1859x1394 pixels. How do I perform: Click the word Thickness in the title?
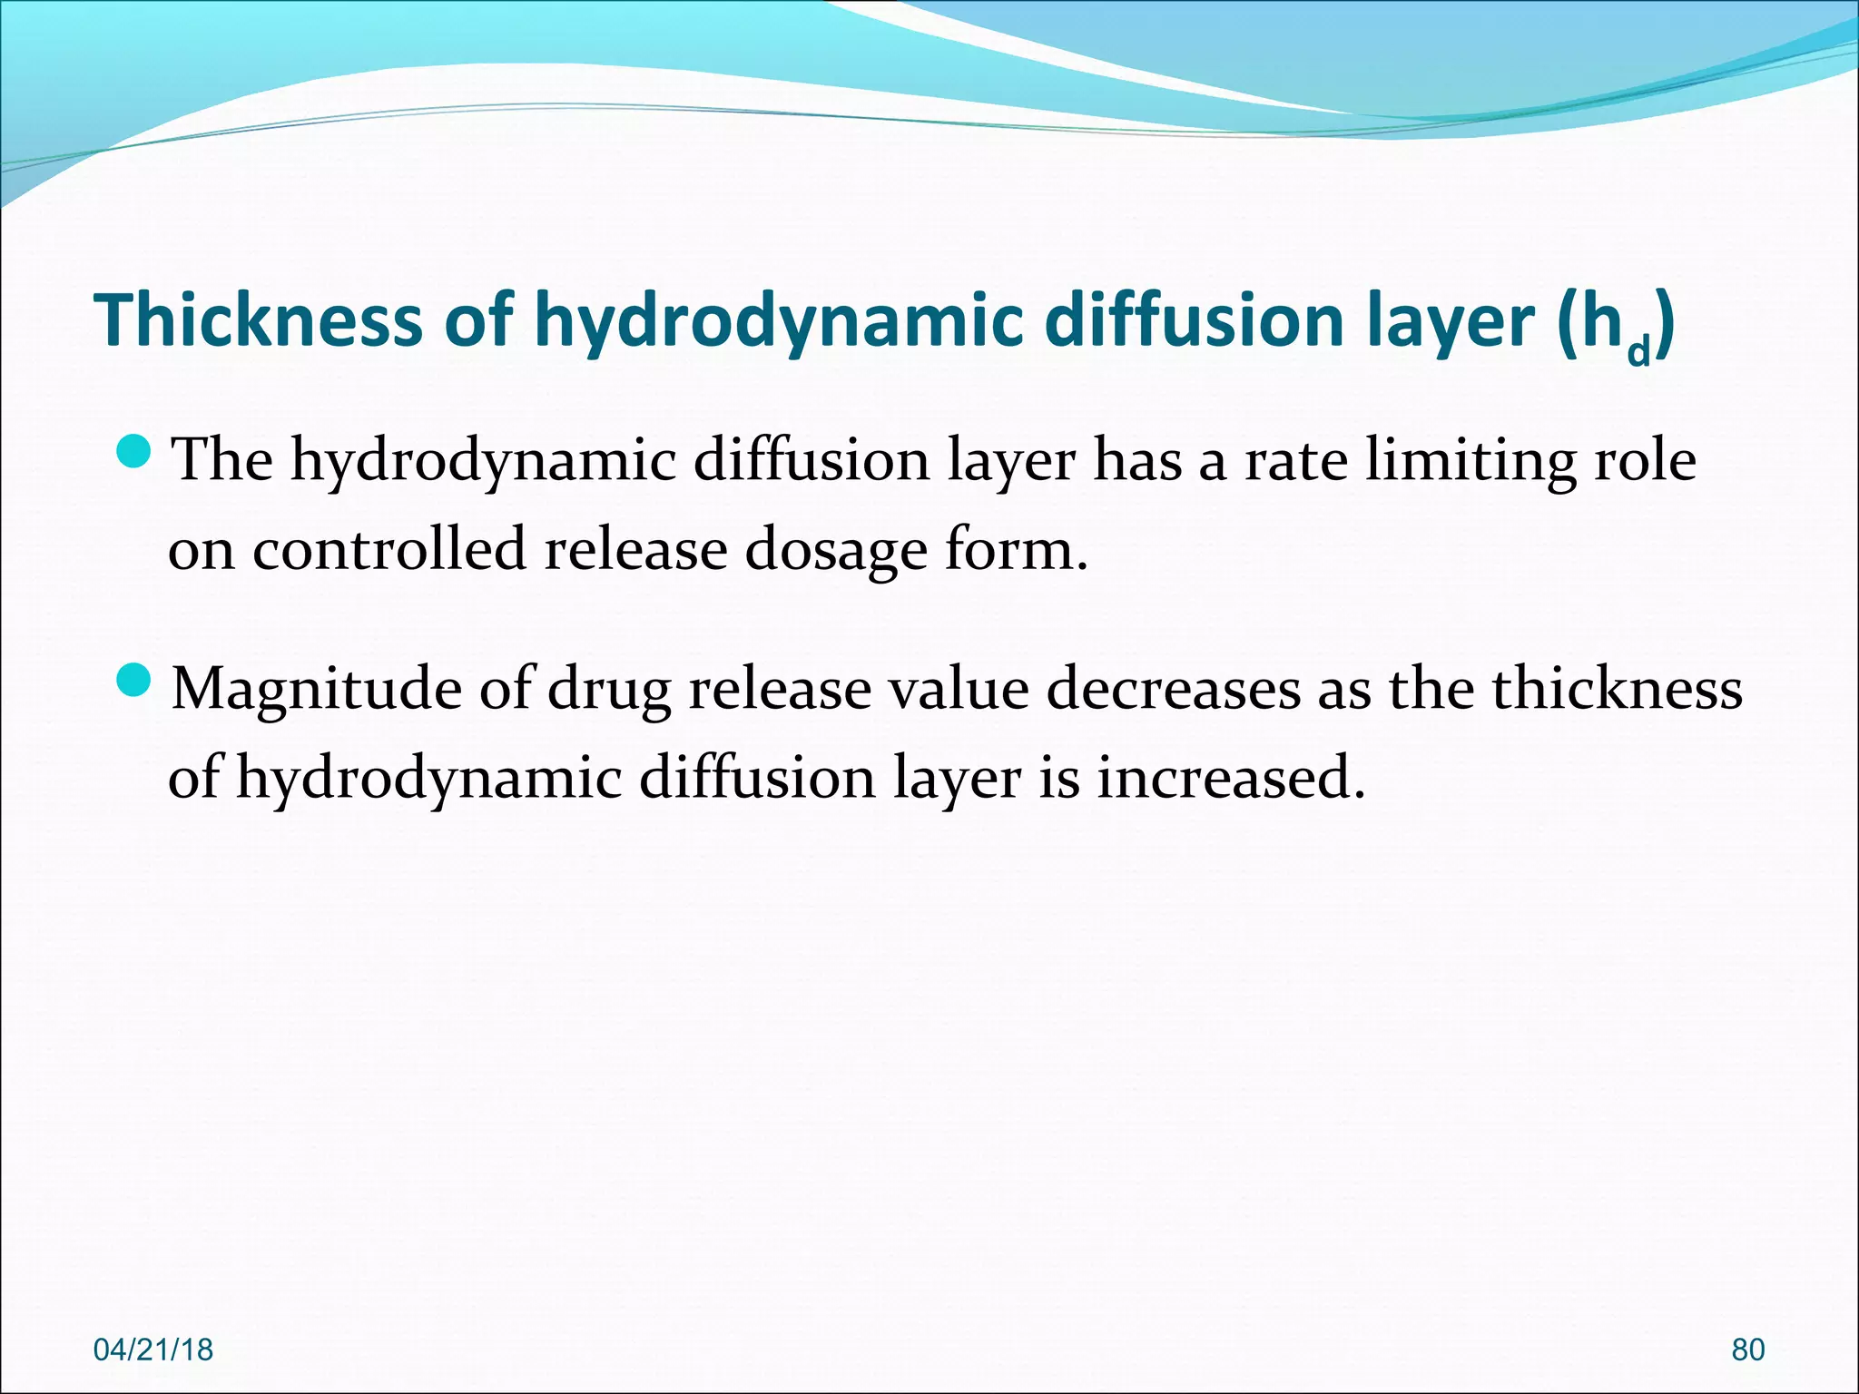coord(258,319)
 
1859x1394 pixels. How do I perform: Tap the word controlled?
coord(389,549)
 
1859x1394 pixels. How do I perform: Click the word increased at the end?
coord(1231,778)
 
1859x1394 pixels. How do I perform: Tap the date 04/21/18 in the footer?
coord(153,1350)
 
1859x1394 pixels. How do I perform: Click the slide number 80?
coord(1748,1350)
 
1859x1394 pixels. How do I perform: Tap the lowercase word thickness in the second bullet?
coord(1618,688)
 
